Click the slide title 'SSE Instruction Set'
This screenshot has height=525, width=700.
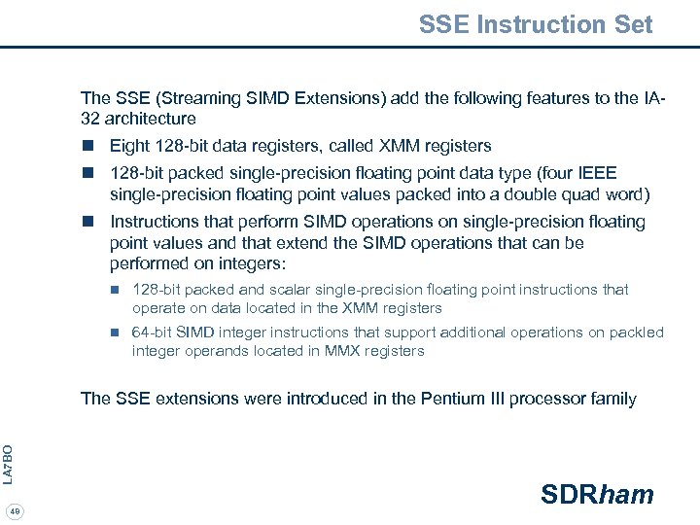coord(536,24)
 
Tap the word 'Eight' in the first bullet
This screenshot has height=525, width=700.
coord(130,146)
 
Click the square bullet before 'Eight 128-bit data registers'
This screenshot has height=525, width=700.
coord(87,146)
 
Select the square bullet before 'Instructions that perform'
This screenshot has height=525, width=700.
coord(87,222)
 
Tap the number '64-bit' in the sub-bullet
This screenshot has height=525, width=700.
coord(153,332)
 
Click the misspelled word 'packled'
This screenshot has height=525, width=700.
coord(637,332)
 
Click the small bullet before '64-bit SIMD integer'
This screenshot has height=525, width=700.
coord(114,332)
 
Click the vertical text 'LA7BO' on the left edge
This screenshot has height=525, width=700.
coord(8,464)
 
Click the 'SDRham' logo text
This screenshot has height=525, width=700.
coord(597,495)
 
